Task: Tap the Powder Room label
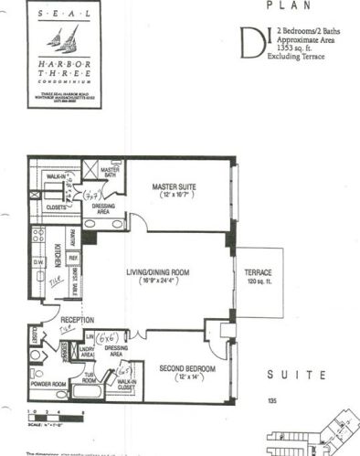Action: [x=48, y=385]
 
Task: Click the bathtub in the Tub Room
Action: [x=88, y=394]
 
